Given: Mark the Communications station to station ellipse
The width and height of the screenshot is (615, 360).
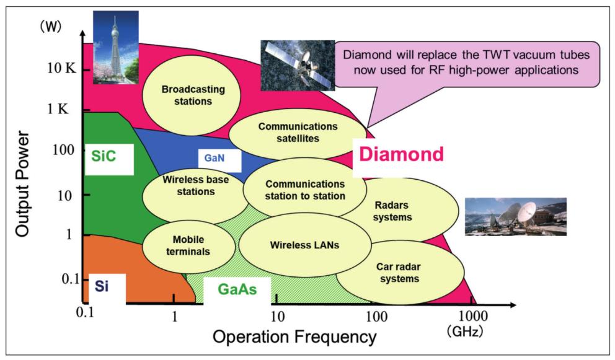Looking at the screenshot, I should (x=304, y=190).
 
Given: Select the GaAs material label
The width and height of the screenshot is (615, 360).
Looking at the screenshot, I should (x=237, y=289).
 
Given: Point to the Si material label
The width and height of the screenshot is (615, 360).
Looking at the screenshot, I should (x=103, y=286).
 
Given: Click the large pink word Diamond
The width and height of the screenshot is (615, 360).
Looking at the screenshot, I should (x=402, y=155).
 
